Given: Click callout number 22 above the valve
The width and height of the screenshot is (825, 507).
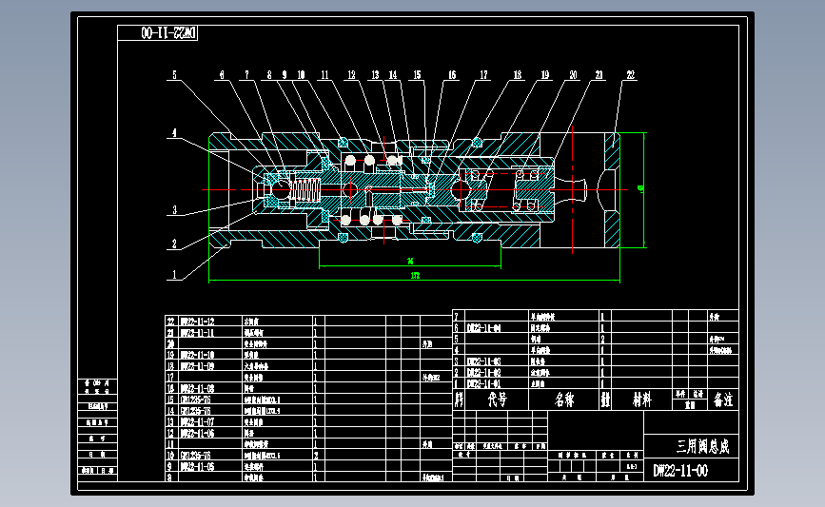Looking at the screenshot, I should click(630, 73).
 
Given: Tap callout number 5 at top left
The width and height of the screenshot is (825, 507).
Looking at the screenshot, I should click(175, 73).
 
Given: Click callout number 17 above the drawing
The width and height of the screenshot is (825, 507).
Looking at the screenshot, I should click(483, 73).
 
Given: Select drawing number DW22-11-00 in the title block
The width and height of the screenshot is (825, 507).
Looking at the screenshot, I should click(679, 471).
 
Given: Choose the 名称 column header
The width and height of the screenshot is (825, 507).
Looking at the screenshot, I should click(565, 400).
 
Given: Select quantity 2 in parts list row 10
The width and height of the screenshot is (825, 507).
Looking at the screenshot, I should click(316, 456).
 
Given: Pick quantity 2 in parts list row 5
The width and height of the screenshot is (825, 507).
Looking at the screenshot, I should click(603, 338).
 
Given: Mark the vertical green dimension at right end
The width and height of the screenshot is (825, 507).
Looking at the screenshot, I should click(643, 188).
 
